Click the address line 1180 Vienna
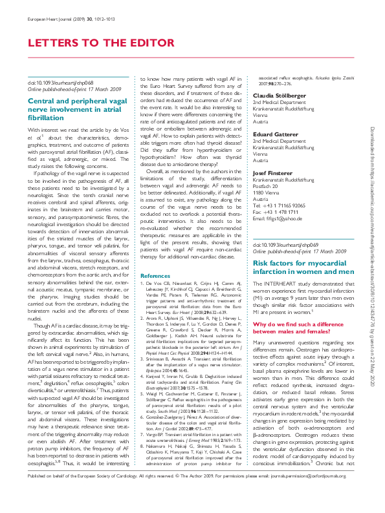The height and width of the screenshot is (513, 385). click(x=269, y=175)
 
